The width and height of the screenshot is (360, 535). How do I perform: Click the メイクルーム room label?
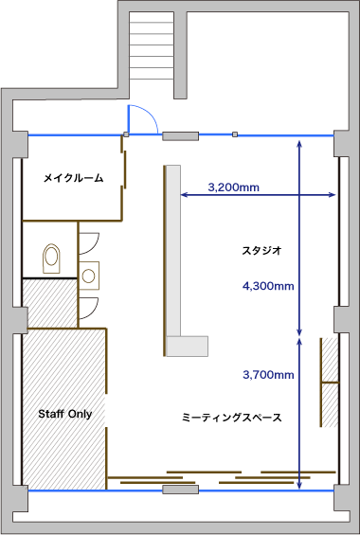[x=73, y=177]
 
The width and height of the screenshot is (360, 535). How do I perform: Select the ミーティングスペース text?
[x=231, y=417]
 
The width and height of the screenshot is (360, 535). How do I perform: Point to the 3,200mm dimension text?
[x=233, y=187]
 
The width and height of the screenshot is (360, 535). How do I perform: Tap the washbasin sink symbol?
[x=90, y=275]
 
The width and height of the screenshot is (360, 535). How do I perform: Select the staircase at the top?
[x=152, y=43]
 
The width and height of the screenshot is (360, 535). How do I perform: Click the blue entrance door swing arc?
[x=142, y=118]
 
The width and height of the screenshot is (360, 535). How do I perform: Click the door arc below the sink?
[x=90, y=305]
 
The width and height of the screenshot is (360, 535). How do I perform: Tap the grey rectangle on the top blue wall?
[x=180, y=136]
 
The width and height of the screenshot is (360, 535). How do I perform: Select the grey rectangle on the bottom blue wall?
[x=180, y=490]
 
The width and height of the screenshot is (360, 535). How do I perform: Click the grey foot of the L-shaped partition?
[x=187, y=347]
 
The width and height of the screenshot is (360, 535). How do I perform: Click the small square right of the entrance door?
[x=233, y=134]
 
